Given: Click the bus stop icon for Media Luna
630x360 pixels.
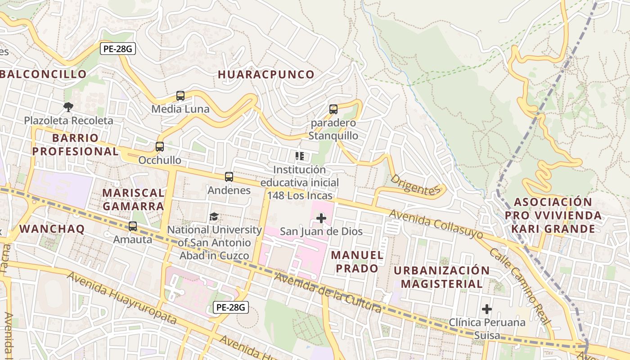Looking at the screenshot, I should coord(180,96).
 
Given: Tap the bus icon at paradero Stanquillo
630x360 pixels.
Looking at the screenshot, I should coord(333,109).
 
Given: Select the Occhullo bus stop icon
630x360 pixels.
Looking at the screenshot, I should coord(160,147).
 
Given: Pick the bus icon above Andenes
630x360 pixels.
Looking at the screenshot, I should coord(229,177).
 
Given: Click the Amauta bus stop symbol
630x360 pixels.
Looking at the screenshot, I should coord(133,226).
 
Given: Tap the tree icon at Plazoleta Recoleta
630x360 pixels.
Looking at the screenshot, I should coord(68,107).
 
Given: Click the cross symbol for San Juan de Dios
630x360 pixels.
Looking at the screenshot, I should coord(321,219).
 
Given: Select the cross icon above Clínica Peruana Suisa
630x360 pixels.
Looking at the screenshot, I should coord(487,309).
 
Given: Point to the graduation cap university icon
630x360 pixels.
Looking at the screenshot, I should coord(214,217).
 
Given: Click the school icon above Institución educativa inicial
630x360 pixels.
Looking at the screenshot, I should coord(300,156).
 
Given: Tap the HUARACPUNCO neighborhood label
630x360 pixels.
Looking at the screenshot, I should coord(266,75).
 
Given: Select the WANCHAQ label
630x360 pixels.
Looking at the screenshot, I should coord(52,229).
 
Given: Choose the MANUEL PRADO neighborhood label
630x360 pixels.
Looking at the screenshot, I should coord(358,261).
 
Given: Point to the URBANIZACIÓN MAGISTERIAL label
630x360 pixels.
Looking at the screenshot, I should coord(441,277).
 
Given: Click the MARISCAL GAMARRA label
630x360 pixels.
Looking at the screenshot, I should coord(133,199).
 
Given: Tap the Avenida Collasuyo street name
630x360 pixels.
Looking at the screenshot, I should coord(436,224).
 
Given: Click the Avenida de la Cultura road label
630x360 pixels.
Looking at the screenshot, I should coord(328,292).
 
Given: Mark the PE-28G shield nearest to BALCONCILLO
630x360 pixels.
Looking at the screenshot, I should coord(117,49).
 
